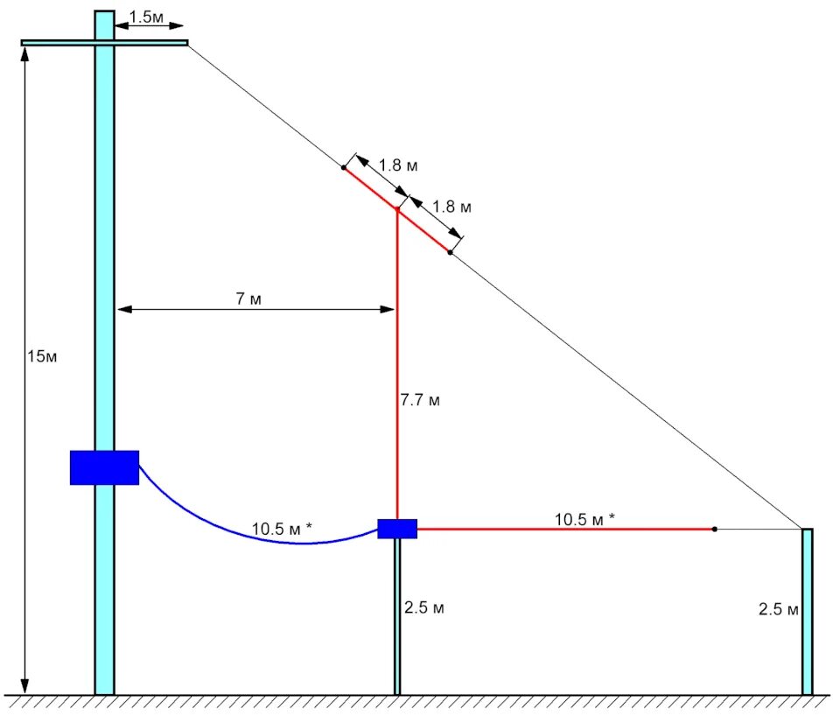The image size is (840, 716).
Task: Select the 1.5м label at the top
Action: click(x=146, y=17)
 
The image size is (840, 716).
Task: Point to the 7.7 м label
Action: click(x=420, y=400)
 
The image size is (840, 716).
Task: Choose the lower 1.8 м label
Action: click(x=452, y=207)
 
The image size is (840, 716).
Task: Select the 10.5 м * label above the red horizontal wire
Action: click(x=584, y=518)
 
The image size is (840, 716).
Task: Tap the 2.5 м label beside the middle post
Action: click(x=424, y=608)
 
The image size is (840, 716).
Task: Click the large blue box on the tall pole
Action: click(x=104, y=467)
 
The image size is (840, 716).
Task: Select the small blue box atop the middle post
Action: click(x=397, y=528)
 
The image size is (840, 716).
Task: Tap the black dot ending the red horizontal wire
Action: click(x=715, y=529)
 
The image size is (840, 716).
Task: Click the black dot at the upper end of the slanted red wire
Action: click(x=344, y=166)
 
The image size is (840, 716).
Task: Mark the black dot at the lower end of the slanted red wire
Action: click(x=450, y=252)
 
